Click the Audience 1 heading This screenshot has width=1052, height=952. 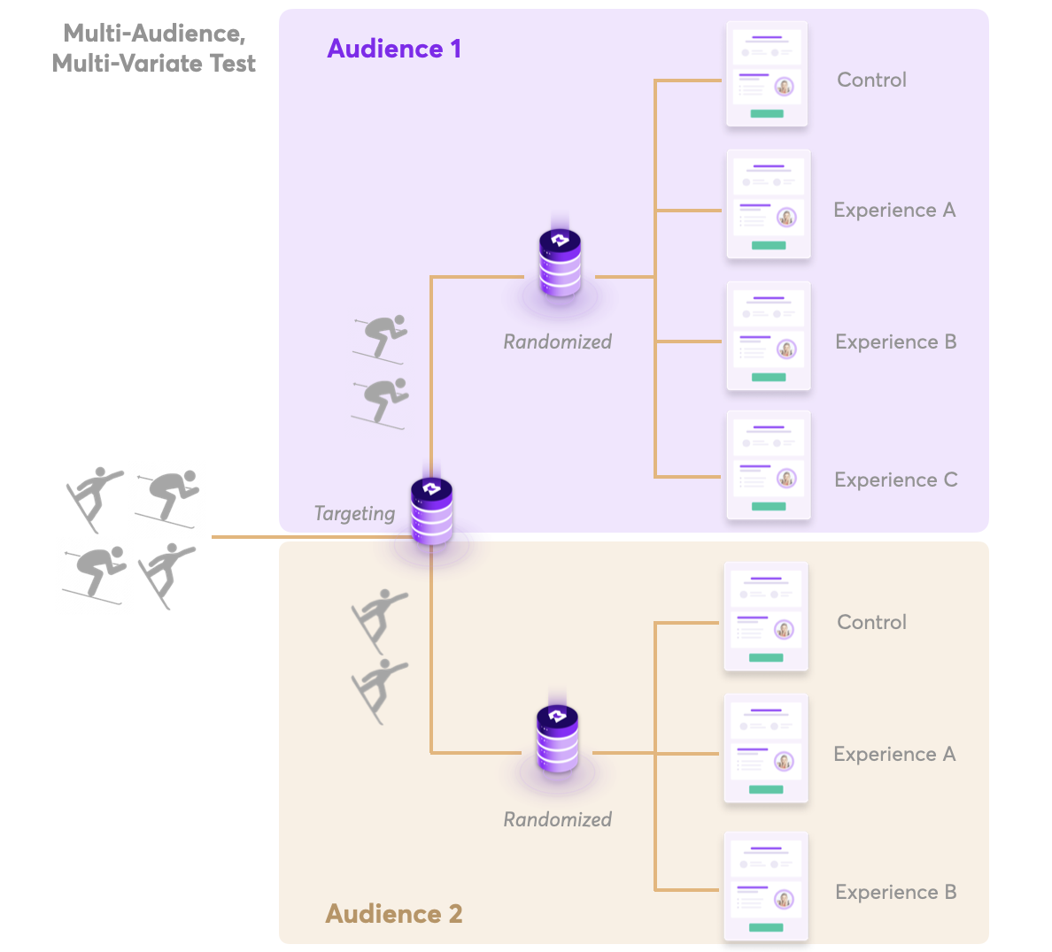coord(394,49)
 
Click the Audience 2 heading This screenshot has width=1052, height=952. coord(394,913)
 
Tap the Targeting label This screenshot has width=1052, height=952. coord(354,513)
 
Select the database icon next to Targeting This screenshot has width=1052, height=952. coord(432,511)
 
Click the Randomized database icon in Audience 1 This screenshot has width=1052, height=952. coord(560,263)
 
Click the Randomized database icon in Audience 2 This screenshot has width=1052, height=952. coord(558,740)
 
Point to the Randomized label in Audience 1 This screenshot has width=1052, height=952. coord(557,342)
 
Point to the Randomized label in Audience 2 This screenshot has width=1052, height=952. coord(557,819)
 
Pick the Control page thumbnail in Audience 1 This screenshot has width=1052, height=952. coord(767,74)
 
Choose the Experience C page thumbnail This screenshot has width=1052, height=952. coord(769,465)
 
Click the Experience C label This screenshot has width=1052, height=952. coord(895,480)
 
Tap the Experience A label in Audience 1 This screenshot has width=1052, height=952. coord(894,210)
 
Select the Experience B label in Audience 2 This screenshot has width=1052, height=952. coord(895,892)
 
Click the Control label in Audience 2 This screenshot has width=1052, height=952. coord(871,622)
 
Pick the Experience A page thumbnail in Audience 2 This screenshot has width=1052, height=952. coord(766,749)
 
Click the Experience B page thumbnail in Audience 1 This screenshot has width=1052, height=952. coord(769,336)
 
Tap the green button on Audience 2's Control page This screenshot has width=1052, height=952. coord(766,657)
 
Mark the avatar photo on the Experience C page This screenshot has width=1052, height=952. coord(785,479)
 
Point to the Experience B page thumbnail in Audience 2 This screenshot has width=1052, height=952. coord(766,887)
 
